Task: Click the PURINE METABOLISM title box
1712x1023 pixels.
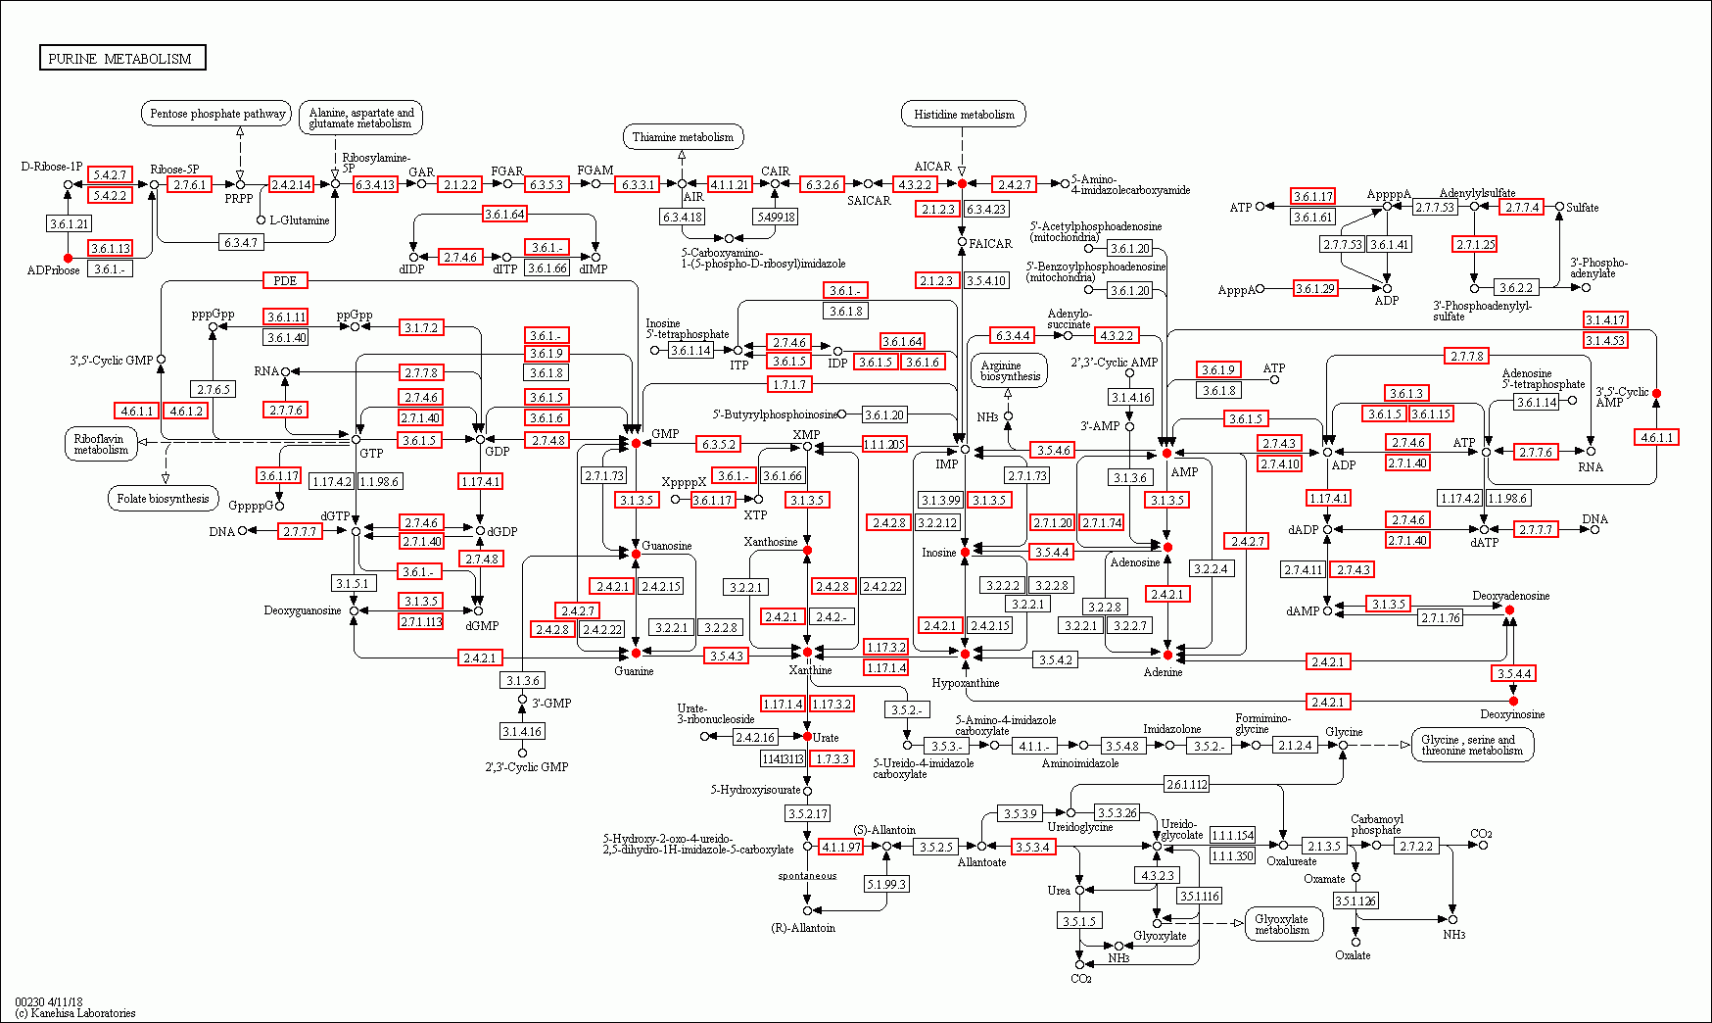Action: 122,58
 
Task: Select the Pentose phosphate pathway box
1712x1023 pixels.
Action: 216,114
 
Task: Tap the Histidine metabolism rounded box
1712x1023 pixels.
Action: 964,115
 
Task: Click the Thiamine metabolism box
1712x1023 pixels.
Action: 683,137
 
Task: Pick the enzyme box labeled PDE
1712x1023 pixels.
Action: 285,280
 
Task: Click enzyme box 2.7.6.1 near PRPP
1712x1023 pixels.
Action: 189,184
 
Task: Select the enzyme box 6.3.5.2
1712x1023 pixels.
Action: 718,444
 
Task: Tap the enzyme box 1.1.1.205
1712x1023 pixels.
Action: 884,444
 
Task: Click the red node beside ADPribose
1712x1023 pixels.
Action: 68,258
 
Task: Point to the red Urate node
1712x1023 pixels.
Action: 807,736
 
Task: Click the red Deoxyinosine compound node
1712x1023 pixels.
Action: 1513,702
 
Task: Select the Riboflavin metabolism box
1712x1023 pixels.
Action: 101,444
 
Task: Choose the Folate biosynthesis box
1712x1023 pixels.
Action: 163,499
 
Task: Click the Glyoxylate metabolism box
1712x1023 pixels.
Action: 1283,924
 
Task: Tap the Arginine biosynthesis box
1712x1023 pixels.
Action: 1010,370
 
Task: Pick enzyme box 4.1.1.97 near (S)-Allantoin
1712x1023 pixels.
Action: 840,847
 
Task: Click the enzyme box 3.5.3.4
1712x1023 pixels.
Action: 1033,847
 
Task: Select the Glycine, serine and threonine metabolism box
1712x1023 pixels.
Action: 1471,745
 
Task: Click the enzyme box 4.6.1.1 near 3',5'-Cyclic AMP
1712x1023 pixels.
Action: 1656,437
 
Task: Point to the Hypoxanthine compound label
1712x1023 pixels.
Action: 966,683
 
